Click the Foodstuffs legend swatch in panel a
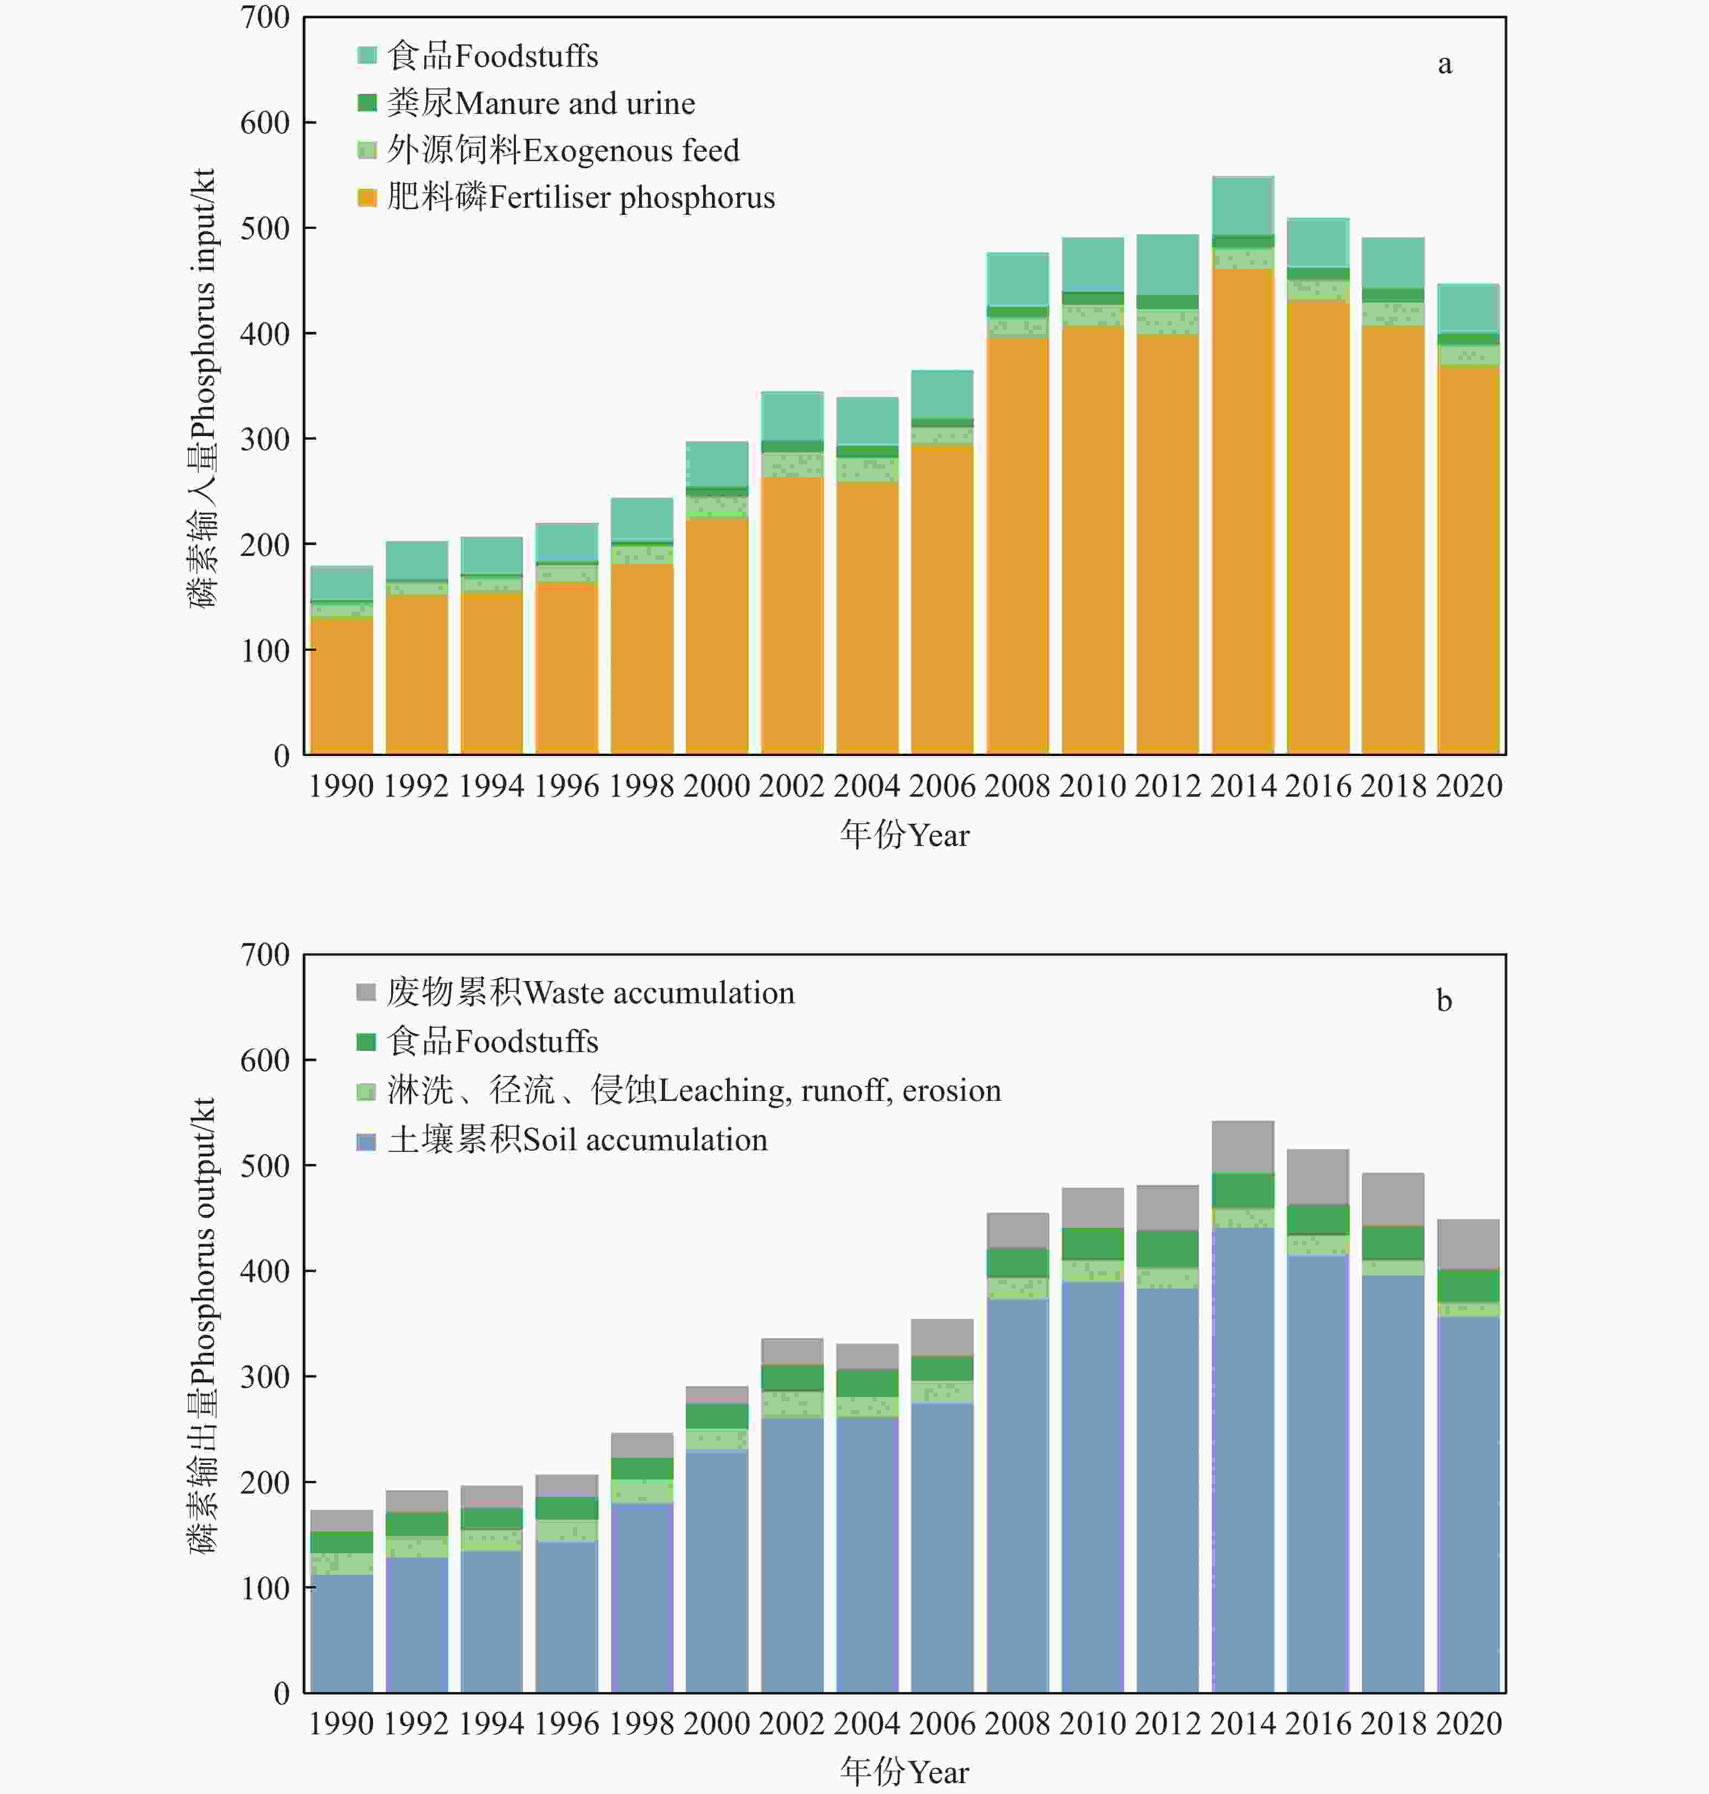(367, 55)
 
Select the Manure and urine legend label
(540, 103)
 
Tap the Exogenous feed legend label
(562, 150)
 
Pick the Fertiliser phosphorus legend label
(581, 197)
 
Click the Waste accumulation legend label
(589, 992)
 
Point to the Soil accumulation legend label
(577, 1140)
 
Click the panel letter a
(1444, 64)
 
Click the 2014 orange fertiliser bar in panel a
(1242, 510)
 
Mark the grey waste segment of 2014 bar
(1242, 1148)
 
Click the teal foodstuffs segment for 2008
(1018, 280)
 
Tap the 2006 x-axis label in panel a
(942, 786)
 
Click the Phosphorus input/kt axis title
(202, 387)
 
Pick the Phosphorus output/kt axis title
(202, 1325)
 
